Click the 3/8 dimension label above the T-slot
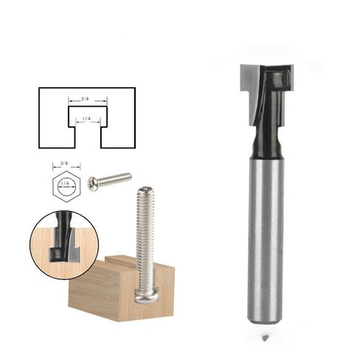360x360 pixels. tap(85, 99)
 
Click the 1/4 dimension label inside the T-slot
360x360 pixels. tap(86, 119)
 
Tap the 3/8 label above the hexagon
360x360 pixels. tap(64, 163)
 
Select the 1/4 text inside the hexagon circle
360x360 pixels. tap(65, 183)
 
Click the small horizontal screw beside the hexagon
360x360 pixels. tap(110, 180)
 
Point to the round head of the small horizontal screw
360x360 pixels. tap(92, 183)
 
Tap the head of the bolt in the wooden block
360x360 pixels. tap(147, 297)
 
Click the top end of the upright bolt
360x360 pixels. tap(145, 190)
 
